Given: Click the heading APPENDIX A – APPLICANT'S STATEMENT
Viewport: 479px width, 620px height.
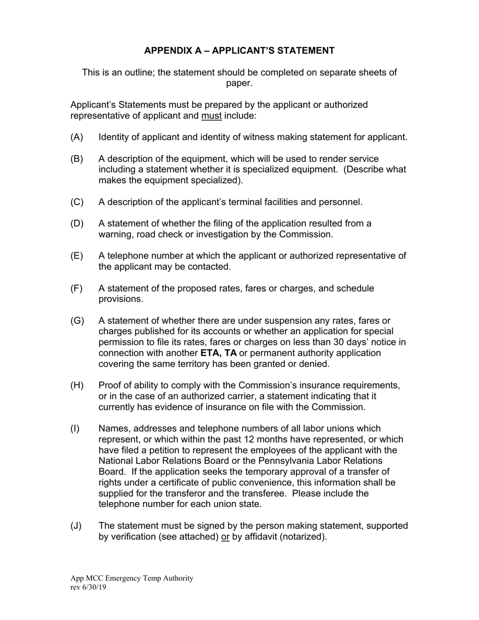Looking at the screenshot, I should point(239,50).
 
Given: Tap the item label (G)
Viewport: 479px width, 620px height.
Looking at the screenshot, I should point(77,321).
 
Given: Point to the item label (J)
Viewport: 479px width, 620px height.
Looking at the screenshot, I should point(76,526).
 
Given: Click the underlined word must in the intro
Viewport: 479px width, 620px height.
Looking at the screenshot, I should point(211,115).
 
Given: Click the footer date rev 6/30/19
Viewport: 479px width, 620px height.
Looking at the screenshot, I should point(88,587).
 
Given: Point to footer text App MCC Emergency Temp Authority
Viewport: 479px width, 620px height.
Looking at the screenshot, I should point(132,578).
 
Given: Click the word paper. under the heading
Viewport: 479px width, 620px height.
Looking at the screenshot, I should point(239,83).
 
